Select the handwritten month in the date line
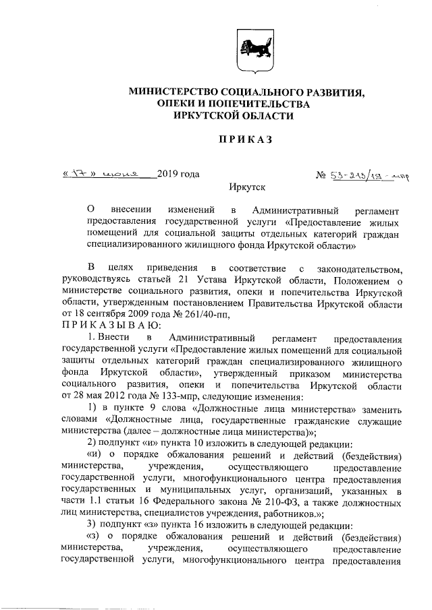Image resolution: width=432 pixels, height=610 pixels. coord(124,174)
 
